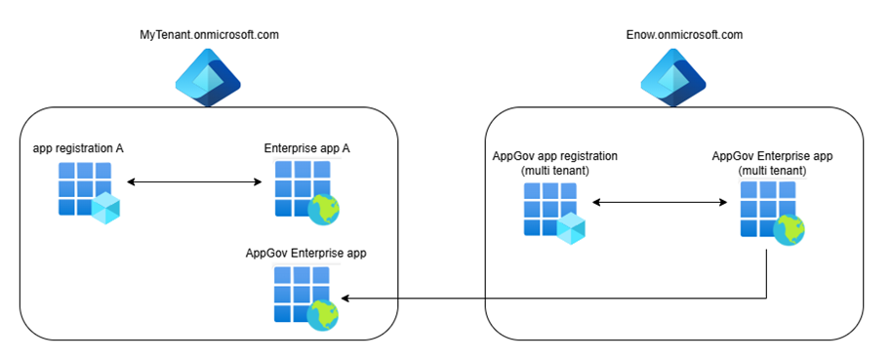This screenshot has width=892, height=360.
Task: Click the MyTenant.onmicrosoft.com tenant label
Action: (210, 35)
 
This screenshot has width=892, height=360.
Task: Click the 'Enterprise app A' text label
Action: (306, 149)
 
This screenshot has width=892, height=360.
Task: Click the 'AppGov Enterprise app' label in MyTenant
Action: (304, 253)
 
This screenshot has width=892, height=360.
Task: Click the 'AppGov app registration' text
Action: (555, 156)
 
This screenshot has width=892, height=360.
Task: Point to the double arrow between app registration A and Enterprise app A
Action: (194, 181)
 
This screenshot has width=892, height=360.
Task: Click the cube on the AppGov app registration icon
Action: (572, 229)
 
